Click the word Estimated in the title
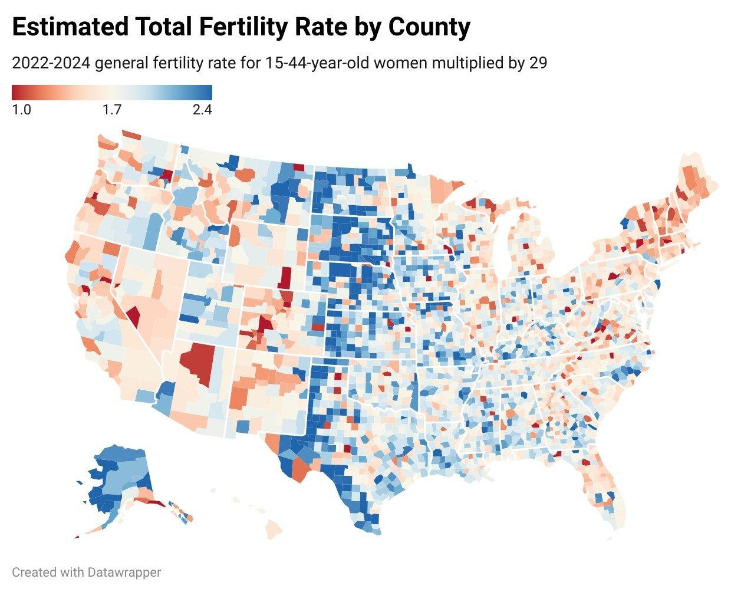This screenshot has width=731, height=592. click(70, 27)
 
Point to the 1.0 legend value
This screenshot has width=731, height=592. click(21, 110)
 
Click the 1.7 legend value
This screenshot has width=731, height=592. click(111, 110)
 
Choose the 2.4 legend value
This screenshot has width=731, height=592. click(202, 110)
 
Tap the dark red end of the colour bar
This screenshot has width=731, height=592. click(16, 92)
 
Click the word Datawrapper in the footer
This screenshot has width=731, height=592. click(124, 572)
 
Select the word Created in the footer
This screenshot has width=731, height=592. click(33, 572)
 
